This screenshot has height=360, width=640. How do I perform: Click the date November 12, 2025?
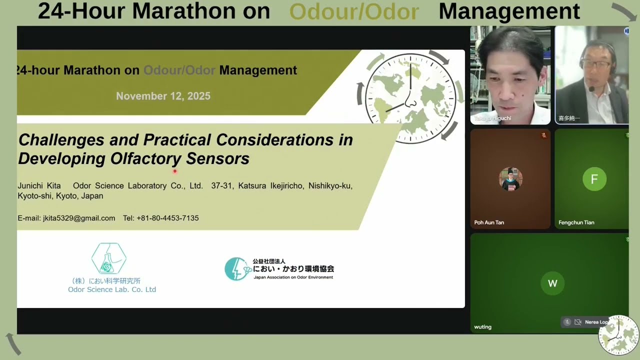tap(163, 96)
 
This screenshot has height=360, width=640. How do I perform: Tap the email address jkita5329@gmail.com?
tap(79, 218)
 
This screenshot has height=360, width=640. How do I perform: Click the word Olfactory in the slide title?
tap(145, 159)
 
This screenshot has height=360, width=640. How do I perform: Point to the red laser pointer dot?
tap(174, 171)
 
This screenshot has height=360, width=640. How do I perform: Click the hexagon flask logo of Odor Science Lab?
tap(108, 259)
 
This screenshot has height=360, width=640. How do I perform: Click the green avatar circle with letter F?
tap(594, 179)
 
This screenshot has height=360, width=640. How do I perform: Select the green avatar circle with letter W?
tap(552, 283)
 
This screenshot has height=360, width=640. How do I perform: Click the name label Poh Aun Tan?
tap(489, 222)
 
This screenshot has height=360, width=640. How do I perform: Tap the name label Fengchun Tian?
tap(576, 222)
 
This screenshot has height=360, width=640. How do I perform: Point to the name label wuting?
tap(482, 327)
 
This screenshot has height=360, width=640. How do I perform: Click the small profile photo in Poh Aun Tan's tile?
tap(510, 179)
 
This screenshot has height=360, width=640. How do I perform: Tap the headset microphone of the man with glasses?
tap(591, 89)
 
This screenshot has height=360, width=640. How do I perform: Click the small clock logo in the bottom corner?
tap(618, 335)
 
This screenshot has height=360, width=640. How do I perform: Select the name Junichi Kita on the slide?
tap(39, 185)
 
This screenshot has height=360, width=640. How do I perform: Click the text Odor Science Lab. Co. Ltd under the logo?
tap(112, 289)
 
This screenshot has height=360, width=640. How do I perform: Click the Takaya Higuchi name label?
tap(492, 118)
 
